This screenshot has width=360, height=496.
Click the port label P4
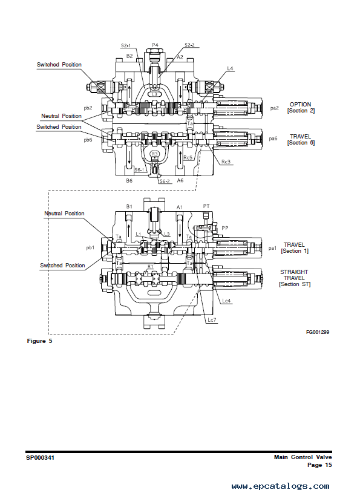[155, 45]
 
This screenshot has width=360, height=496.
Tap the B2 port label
[129, 56]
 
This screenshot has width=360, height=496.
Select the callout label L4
[230, 68]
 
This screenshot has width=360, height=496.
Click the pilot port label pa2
[274, 108]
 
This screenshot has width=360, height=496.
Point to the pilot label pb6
[88, 140]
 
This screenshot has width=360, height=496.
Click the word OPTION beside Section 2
[300, 105]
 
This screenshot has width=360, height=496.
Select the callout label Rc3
[226, 162]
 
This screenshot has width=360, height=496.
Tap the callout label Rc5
[188, 157]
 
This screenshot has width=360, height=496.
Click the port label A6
[180, 180]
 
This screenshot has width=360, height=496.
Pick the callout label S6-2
[165, 181]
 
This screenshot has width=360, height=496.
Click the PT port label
[206, 206]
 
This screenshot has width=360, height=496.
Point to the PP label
[225, 228]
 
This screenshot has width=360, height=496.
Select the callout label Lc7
[212, 320]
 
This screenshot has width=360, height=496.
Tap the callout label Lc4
[226, 301]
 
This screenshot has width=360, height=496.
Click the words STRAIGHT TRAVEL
[294, 275]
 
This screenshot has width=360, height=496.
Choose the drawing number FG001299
[318, 332]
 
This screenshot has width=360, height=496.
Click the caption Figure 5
[39, 341]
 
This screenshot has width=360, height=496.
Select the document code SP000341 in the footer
[40, 458]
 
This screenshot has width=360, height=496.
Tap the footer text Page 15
[319, 465]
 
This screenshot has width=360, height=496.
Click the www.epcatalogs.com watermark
[280, 486]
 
